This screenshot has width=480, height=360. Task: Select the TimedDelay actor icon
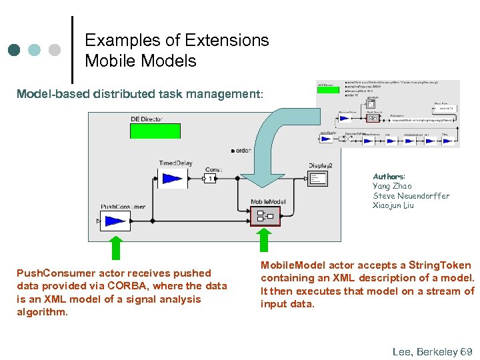click(x=172, y=178)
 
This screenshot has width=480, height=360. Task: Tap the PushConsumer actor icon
click(x=116, y=221)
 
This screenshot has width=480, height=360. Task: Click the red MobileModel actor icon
click(x=265, y=216)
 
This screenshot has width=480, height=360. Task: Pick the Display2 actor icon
click(x=318, y=178)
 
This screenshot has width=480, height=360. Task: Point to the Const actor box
click(x=209, y=179)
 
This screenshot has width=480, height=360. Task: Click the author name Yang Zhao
click(x=392, y=187)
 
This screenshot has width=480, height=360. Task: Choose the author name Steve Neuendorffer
click(x=411, y=196)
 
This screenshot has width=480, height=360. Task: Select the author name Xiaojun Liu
click(x=393, y=205)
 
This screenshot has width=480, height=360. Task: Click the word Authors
click(x=389, y=177)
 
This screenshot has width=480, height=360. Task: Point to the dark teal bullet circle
click(x=14, y=50)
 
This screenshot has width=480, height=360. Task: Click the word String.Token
click(x=440, y=265)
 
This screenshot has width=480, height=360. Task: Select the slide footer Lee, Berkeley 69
click(x=432, y=351)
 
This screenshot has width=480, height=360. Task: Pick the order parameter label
click(x=243, y=150)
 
